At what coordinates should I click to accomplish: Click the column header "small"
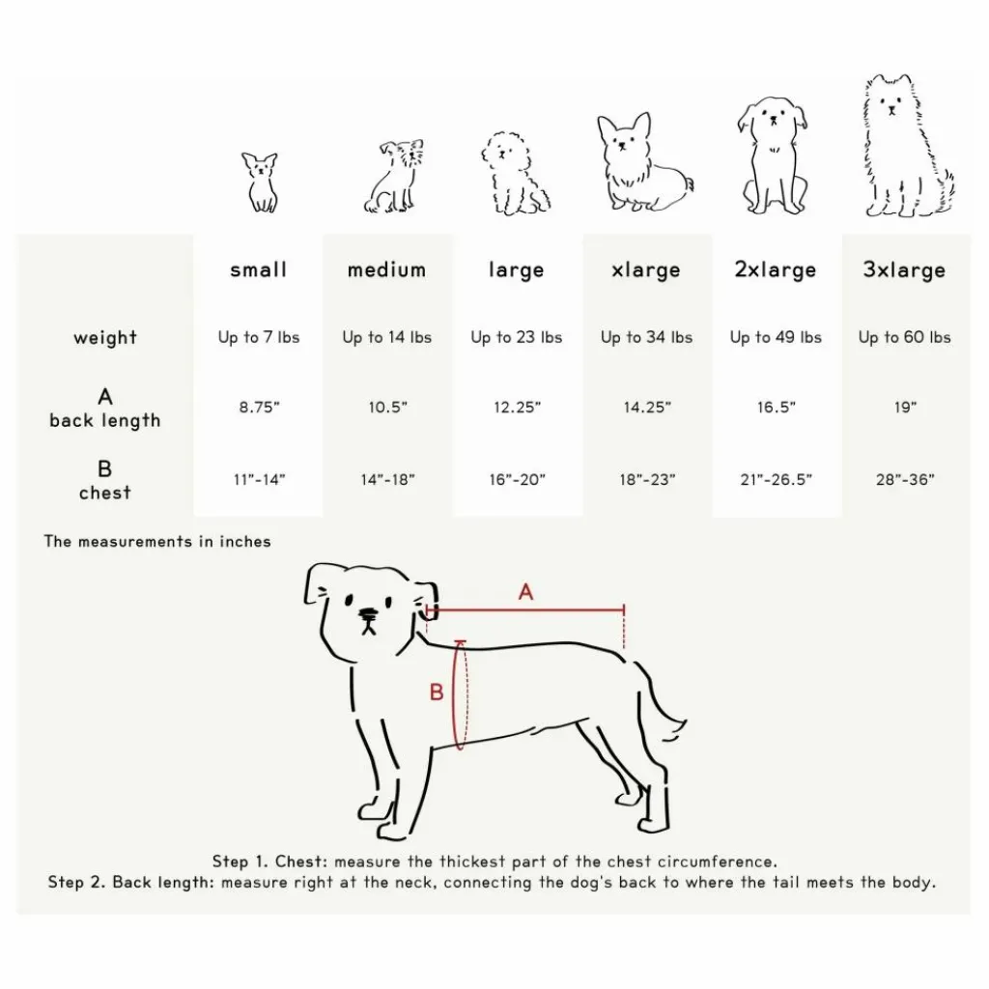258,270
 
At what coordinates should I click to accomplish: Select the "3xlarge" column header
904,270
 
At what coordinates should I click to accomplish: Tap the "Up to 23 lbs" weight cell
516,337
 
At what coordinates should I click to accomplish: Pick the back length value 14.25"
647,408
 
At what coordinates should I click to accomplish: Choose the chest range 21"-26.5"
776,480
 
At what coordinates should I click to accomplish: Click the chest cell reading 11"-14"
259,480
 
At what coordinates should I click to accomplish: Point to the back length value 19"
905,408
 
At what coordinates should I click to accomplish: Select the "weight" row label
104,337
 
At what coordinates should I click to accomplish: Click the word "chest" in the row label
104,493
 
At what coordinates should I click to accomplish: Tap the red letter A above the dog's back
525,592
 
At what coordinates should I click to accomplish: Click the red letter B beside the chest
436,692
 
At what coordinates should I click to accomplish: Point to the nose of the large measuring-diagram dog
367,613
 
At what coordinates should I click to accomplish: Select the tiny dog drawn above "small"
261,183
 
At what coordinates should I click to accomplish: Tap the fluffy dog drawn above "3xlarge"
907,147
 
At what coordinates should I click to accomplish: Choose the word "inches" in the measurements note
244,542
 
